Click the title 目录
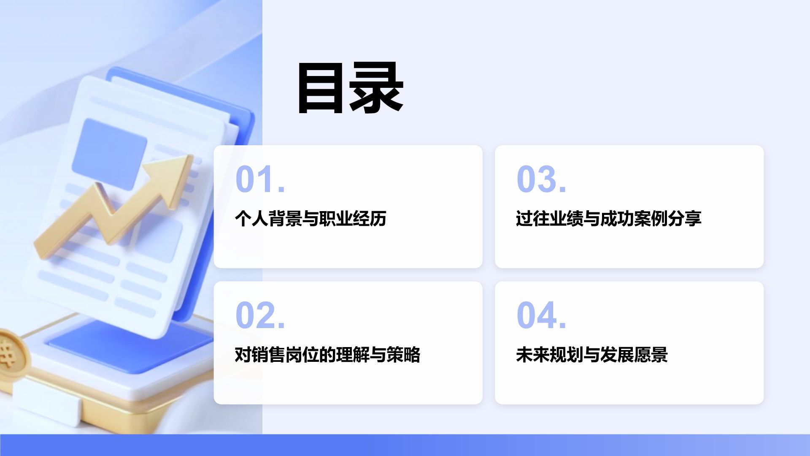(x=350, y=89)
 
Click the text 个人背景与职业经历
(x=310, y=219)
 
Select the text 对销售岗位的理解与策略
(x=327, y=355)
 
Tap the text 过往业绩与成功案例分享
(x=608, y=219)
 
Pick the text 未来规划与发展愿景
(x=591, y=355)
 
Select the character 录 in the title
(x=376, y=89)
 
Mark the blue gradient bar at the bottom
(x=405, y=445)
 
